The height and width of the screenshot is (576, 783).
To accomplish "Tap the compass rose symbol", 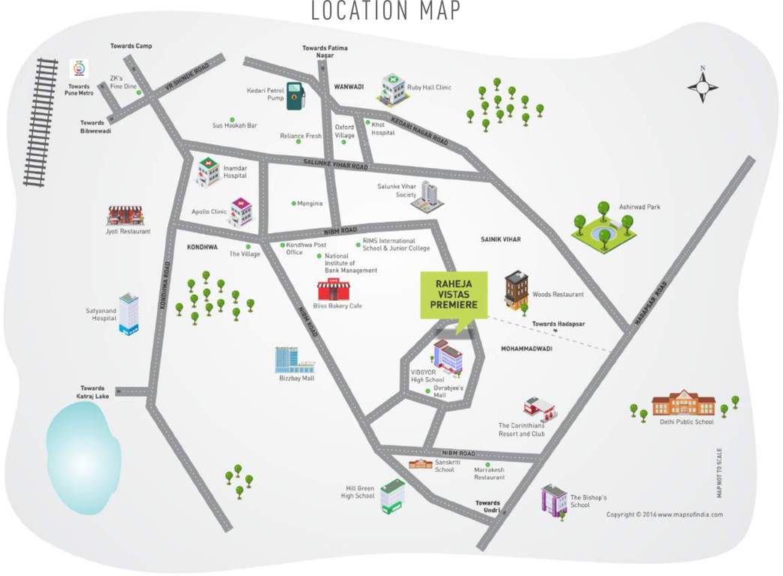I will coord(703,85).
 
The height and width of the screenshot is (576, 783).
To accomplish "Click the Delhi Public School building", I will coord(682,403).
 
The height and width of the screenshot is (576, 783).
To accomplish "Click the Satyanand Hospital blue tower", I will coord(128,313).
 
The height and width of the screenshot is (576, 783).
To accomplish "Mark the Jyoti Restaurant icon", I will coord(125,216).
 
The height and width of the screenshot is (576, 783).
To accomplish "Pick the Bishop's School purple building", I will coord(553,500).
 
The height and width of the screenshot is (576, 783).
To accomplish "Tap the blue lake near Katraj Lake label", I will coord(83,447).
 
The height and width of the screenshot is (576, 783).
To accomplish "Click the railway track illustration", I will coord(41,121).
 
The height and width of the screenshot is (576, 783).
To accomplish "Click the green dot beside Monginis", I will coord(293,203).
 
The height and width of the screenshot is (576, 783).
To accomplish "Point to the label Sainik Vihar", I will coord(500,239).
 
